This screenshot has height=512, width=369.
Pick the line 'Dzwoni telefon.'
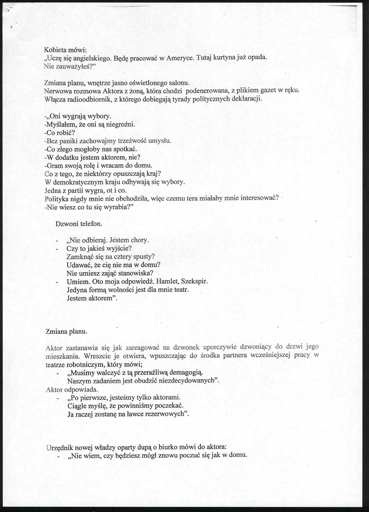pyautogui.click(x=79, y=224)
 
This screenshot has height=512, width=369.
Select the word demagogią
pyautogui.click(x=186, y=372)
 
